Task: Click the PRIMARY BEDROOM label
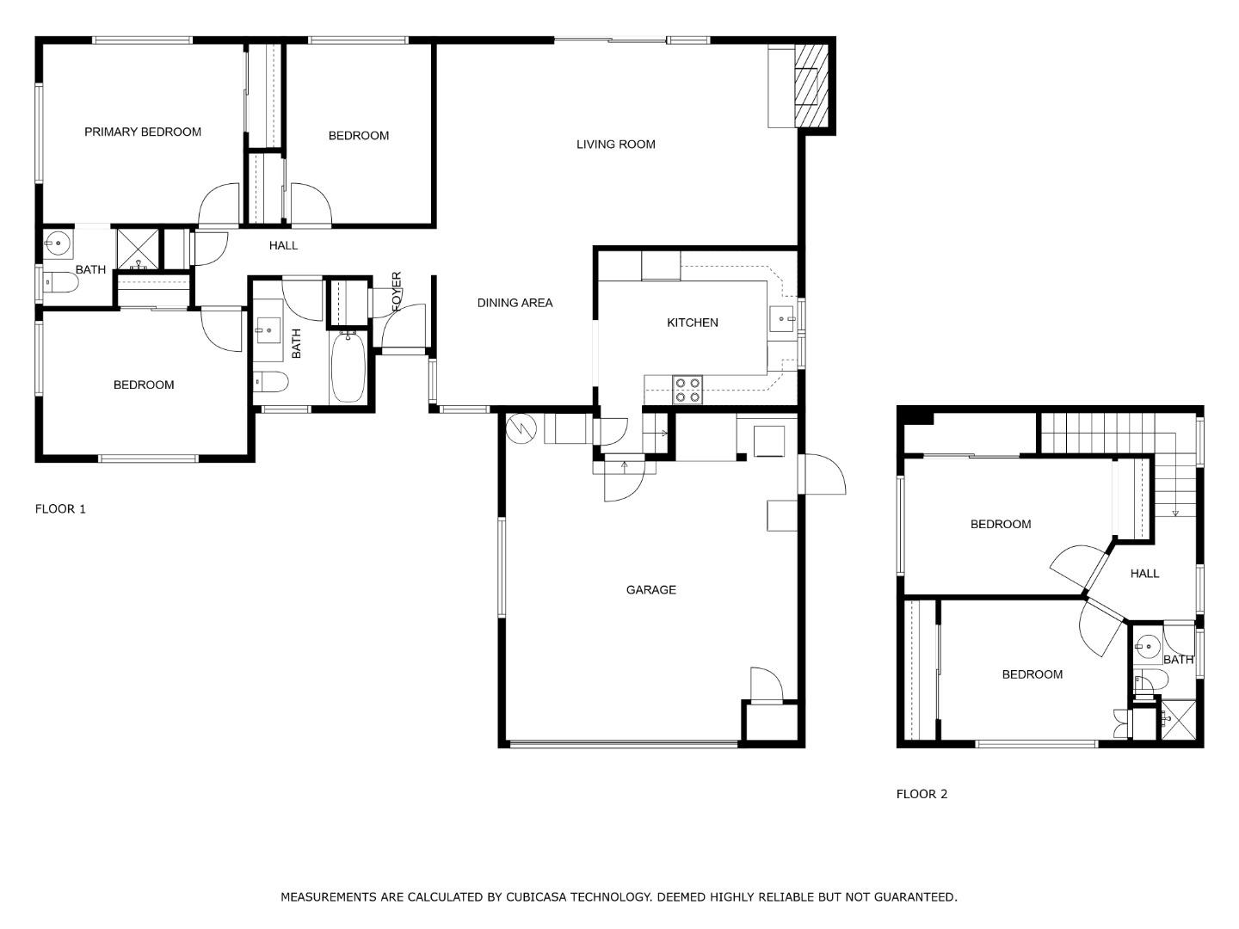[x=143, y=132]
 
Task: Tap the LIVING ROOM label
[x=615, y=145]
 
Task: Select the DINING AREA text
[x=515, y=303]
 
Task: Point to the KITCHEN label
[x=692, y=323]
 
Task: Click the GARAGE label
[x=650, y=590]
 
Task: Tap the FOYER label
[x=397, y=292]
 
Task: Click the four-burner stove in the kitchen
[x=687, y=390]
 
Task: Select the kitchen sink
[x=783, y=319]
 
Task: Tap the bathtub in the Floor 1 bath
[x=348, y=368]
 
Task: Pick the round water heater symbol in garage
[x=521, y=428]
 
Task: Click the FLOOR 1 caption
[x=60, y=509]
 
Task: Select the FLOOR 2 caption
[x=922, y=794]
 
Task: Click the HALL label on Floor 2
[x=1144, y=574]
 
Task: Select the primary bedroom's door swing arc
[x=218, y=205]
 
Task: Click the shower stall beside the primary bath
[x=138, y=249]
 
